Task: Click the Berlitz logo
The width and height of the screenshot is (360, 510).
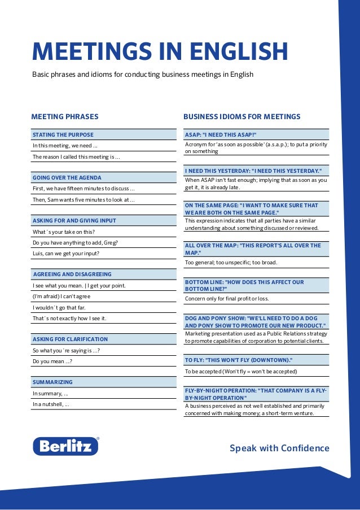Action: coord(66,446)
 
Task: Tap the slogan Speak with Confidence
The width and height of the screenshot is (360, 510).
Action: coord(279,448)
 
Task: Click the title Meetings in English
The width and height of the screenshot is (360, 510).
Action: coord(160,51)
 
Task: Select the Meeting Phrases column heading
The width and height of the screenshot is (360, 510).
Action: coord(65,117)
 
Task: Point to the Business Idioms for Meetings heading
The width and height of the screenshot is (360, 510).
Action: coord(242,117)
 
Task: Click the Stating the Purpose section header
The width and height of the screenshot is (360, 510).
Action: coord(63,135)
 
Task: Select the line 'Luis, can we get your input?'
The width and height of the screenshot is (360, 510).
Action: coord(66,254)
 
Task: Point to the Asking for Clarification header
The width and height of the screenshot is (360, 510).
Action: coord(70,339)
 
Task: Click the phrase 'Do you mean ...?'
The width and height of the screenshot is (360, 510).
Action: coord(52,361)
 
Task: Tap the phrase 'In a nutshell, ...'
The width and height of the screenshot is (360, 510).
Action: coord(51,404)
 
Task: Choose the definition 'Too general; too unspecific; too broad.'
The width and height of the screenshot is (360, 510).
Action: coord(231,263)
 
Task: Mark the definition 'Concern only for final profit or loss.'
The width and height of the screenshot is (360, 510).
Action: coord(227,298)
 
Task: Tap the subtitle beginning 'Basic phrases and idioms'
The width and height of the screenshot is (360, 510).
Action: coord(143,75)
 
